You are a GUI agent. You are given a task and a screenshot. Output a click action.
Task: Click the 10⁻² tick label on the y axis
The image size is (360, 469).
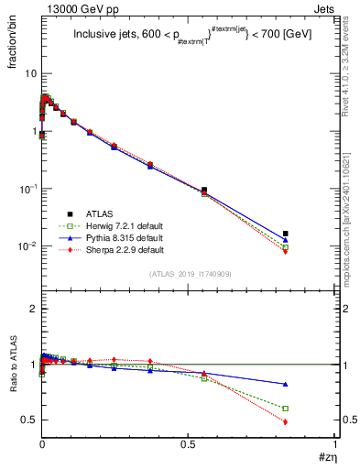click(x=26, y=246)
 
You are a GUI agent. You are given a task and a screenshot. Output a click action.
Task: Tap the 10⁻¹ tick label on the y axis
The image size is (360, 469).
click(x=26, y=189)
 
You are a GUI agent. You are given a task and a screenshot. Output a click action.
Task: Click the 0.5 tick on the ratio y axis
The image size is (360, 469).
click(x=28, y=420)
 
